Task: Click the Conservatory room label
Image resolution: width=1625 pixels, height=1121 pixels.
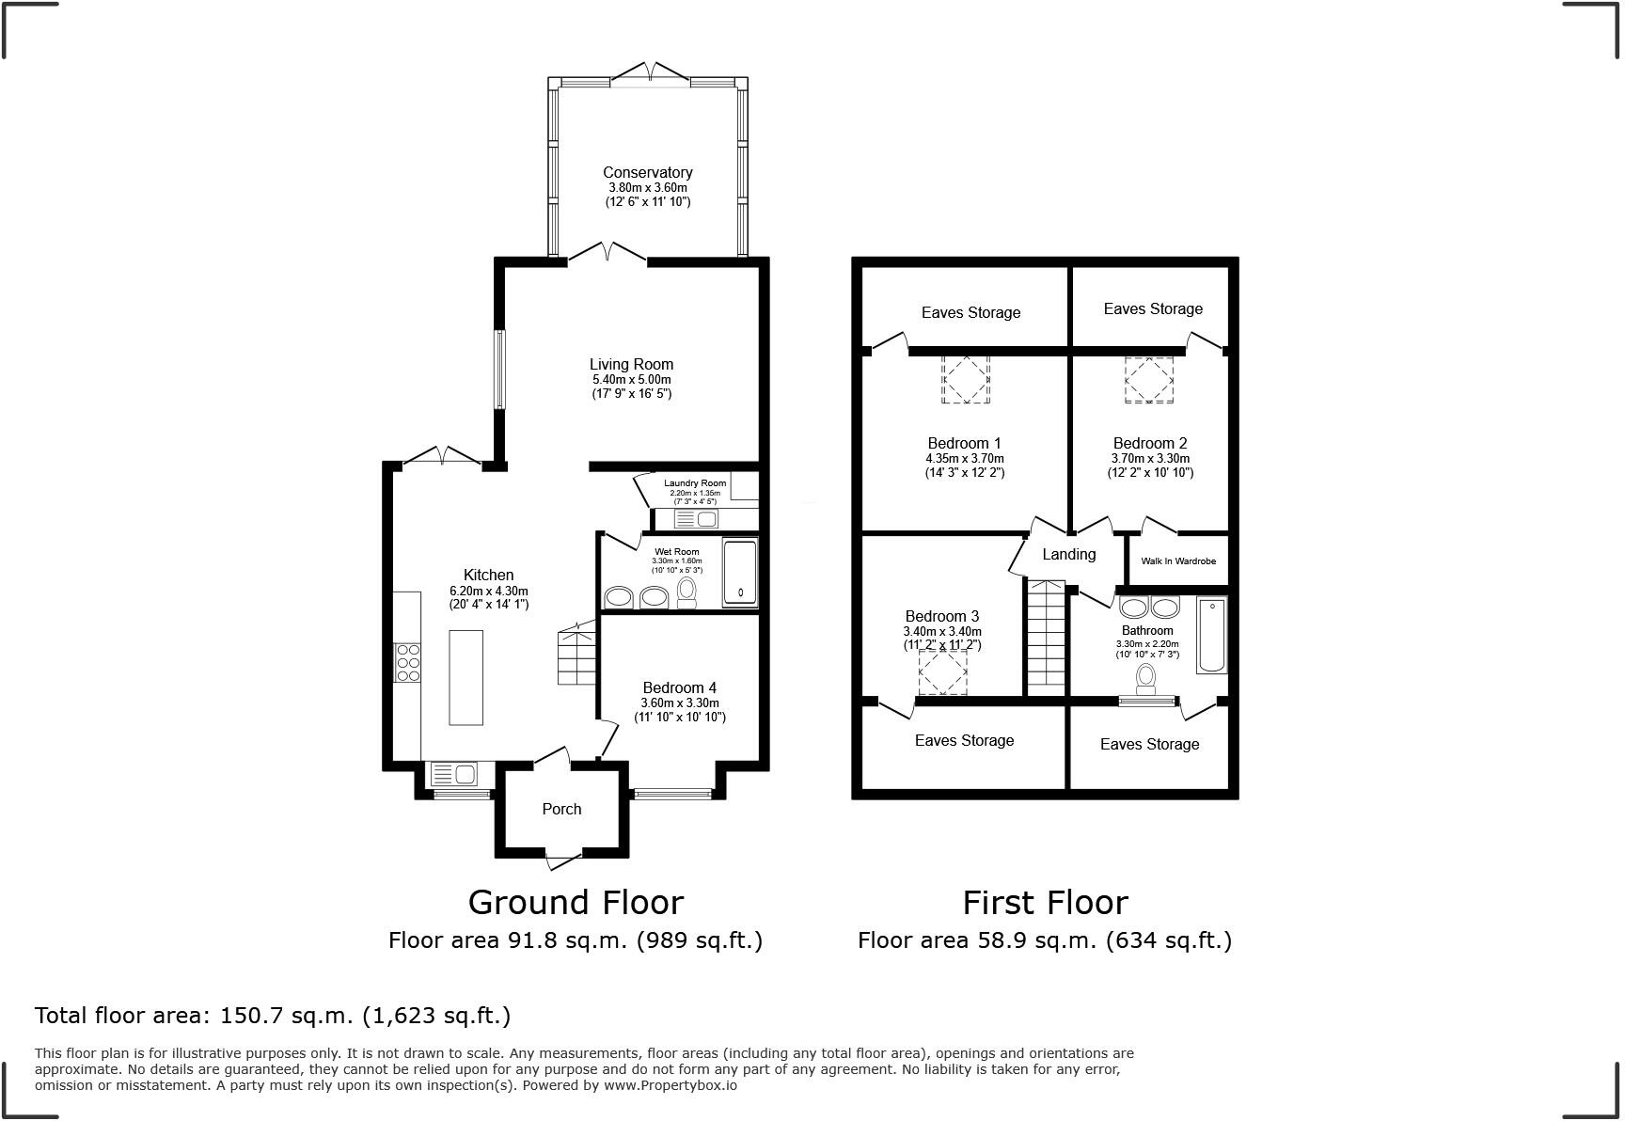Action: pyautogui.click(x=647, y=172)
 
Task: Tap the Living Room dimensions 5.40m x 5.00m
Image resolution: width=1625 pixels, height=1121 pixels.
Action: pyautogui.click(x=631, y=379)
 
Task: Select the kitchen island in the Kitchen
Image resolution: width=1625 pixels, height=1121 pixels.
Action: pyautogui.click(x=465, y=677)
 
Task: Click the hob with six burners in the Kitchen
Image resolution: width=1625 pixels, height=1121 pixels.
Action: pyautogui.click(x=407, y=662)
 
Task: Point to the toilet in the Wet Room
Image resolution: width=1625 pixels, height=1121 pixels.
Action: pyautogui.click(x=686, y=592)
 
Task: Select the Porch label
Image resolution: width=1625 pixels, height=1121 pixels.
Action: pyautogui.click(x=561, y=809)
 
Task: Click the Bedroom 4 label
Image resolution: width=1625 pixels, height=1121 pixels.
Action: pyautogui.click(x=679, y=687)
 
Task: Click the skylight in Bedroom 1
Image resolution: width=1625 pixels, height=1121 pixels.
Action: pyautogui.click(x=966, y=379)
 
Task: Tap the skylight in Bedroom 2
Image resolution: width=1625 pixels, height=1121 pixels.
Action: pyautogui.click(x=1149, y=379)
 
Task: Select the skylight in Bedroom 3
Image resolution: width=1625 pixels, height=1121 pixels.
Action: pyautogui.click(x=942, y=673)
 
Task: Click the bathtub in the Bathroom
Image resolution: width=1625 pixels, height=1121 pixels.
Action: pyautogui.click(x=1211, y=636)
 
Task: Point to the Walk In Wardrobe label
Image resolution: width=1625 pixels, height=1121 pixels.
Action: pyautogui.click(x=1178, y=560)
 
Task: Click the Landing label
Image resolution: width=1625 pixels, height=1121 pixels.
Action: pyautogui.click(x=1068, y=555)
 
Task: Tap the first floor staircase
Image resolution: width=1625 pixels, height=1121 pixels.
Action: pyautogui.click(x=1044, y=638)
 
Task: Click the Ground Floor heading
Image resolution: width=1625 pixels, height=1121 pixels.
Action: pyautogui.click(x=576, y=902)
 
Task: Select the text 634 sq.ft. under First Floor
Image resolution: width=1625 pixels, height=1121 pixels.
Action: pyautogui.click(x=1169, y=940)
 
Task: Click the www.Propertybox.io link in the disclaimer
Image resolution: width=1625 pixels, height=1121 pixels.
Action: pyautogui.click(x=670, y=1085)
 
